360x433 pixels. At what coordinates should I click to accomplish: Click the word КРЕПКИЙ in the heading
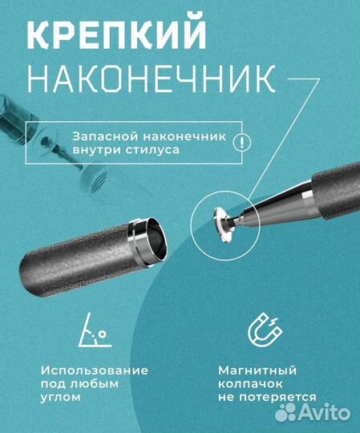coord(116,34)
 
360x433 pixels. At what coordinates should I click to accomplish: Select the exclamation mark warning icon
coord(241,143)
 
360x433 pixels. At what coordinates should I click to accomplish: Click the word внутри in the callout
coord(95,150)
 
